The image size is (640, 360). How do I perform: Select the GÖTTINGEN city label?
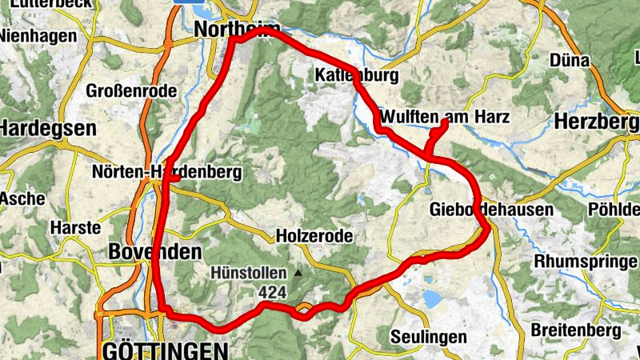click(x=165, y=350)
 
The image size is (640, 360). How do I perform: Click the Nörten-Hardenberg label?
click(x=166, y=172)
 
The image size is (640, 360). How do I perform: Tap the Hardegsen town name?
click(x=48, y=127)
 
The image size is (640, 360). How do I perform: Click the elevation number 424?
click(x=272, y=293)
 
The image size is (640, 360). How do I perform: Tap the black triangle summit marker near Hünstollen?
click(x=298, y=273)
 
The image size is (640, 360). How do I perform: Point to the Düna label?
click(x=570, y=61)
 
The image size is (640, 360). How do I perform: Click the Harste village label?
click(x=75, y=227)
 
